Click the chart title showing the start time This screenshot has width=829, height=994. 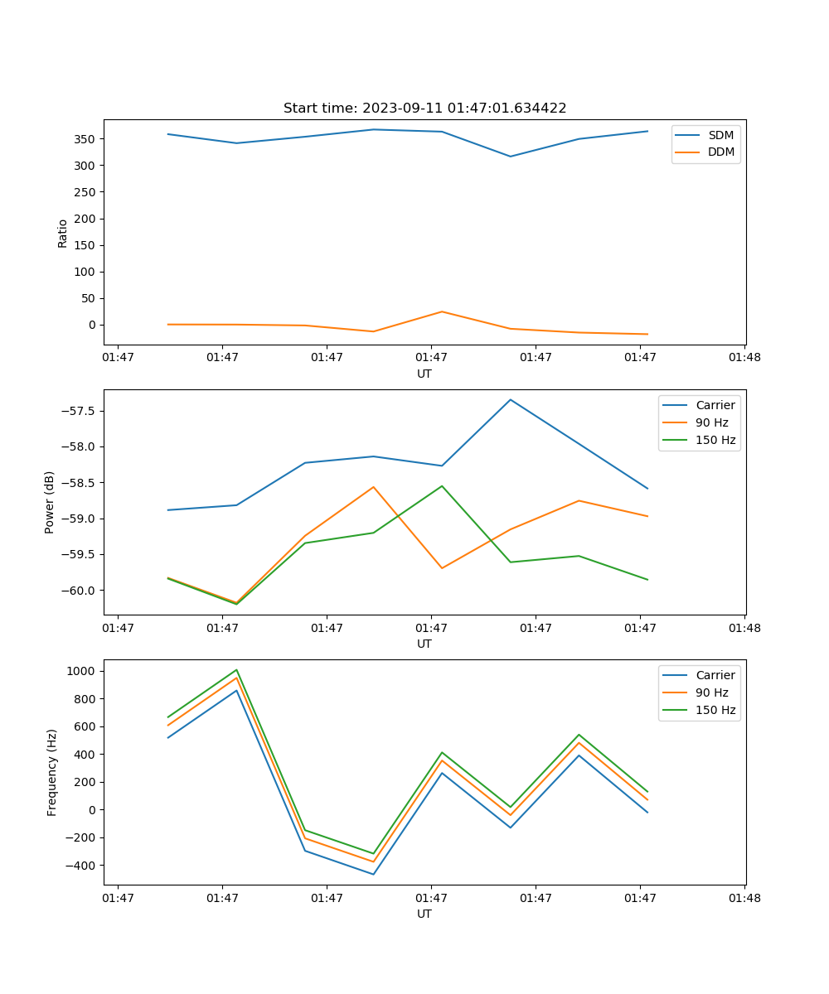pyautogui.click(x=424, y=109)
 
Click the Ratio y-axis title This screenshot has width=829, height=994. pyautogui.click(x=63, y=233)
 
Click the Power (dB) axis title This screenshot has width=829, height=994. pyautogui.click(x=50, y=502)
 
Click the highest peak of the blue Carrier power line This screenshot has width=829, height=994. pyautogui.click(x=511, y=399)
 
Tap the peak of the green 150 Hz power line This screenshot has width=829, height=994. pyautogui.click(x=442, y=486)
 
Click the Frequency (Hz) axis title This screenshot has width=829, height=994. pyautogui.click(x=52, y=772)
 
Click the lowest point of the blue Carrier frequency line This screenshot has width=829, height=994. pyautogui.click(x=373, y=874)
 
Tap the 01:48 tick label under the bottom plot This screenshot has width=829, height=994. pyautogui.click(x=744, y=897)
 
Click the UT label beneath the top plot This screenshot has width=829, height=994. pyautogui.click(x=424, y=374)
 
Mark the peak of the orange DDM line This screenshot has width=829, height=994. pyautogui.click(x=442, y=311)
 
